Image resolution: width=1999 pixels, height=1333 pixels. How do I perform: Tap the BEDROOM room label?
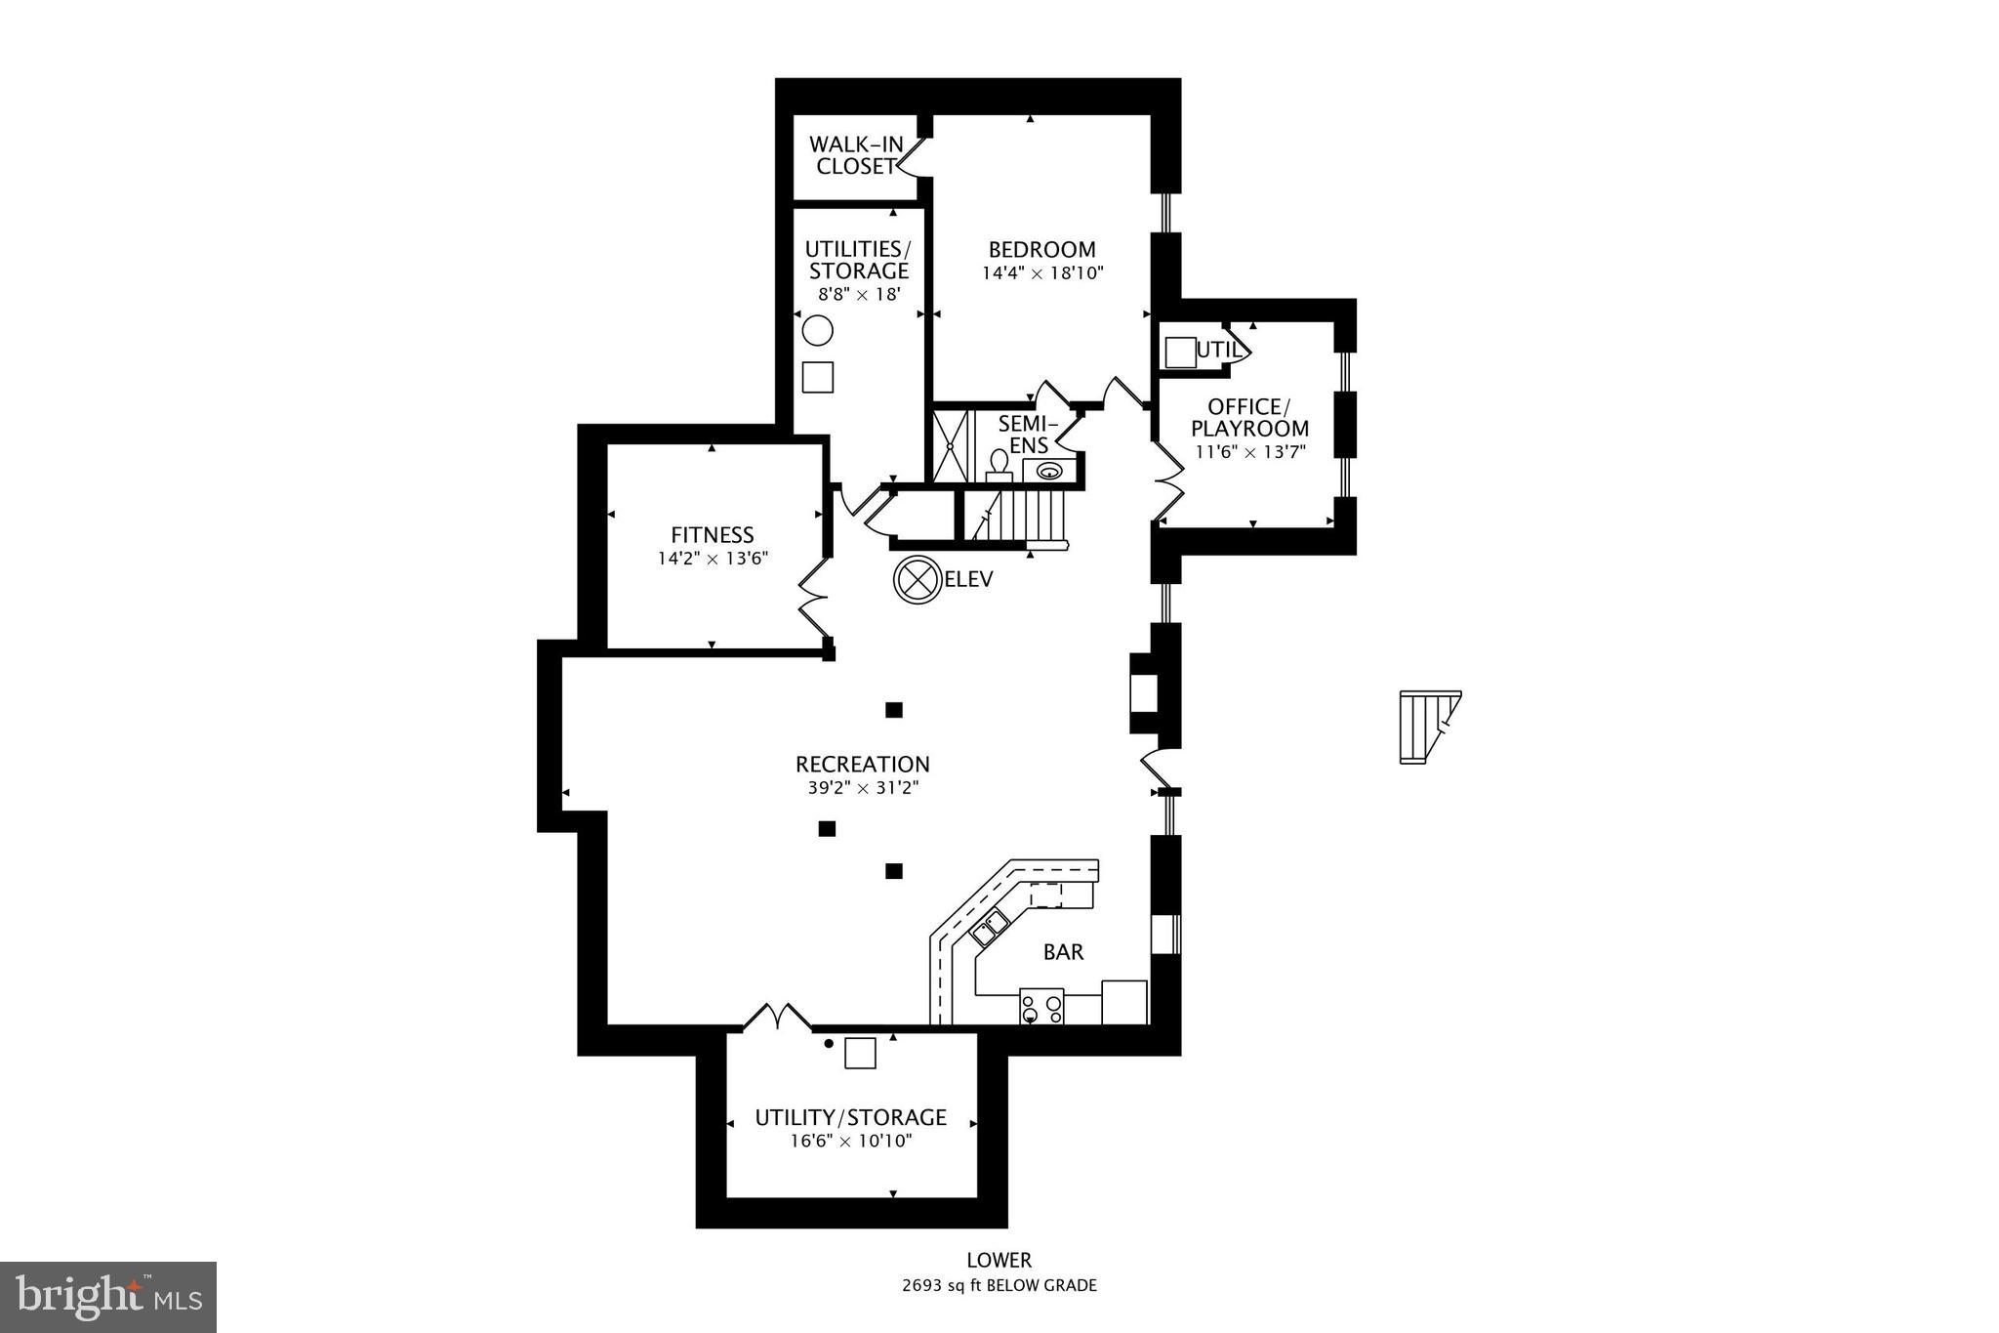click(1041, 249)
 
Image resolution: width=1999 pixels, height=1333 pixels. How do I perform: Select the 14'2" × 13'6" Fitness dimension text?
click(713, 560)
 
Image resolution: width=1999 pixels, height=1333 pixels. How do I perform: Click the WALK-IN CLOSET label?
click(856, 156)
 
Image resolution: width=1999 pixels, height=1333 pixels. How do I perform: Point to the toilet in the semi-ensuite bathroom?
click(999, 464)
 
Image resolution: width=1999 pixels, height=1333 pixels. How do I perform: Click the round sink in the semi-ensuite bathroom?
click(1049, 472)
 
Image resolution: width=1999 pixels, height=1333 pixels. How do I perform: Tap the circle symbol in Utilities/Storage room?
click(817, 331)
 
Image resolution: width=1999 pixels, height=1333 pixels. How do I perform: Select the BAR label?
click(1063, 952)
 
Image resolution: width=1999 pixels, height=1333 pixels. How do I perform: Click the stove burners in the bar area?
click(1040, 1007)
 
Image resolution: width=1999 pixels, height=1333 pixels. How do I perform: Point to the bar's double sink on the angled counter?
click(989, 927)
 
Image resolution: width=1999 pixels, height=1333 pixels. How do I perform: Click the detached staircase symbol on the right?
click(1428, 727)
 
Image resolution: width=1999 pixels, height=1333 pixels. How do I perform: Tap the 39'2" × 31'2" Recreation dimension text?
click(863, 788)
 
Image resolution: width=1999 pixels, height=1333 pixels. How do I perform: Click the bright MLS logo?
click(108, 1296)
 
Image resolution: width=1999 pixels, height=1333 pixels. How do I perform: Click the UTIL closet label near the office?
click(1218, 350)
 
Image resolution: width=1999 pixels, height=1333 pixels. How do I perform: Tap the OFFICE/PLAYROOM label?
click(1249, 417)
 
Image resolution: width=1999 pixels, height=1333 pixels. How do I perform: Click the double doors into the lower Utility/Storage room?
click(777, 1018)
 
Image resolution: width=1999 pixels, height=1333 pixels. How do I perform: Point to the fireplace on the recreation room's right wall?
click(1143, 692)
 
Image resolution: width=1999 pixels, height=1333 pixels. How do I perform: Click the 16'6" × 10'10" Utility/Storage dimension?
click(850, 1141)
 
